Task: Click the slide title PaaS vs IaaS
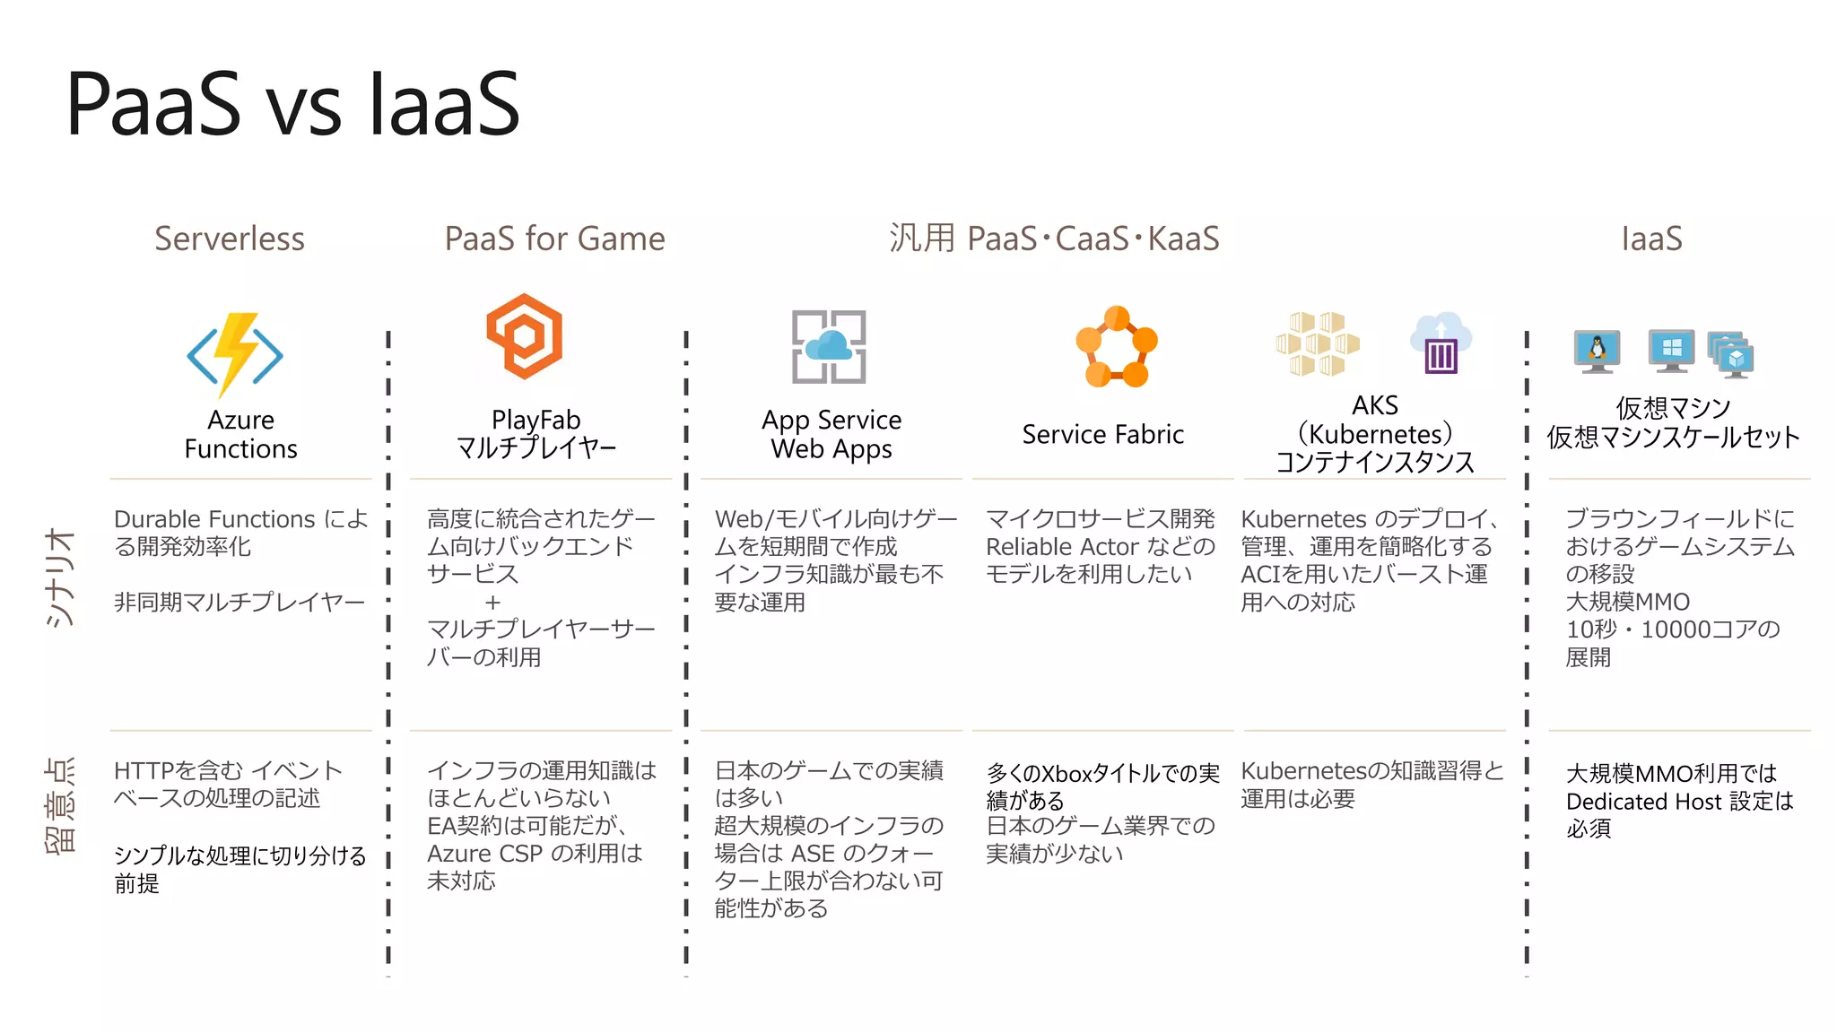pyautogui.click(x=292, y=105)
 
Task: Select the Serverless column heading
pyautogui.click(x=230, y=239)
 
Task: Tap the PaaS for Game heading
pyautogui.click(x=554, y=239)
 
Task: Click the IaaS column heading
pyautogui.click(x=1651, y=239)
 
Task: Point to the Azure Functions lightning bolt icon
pyautogui.click(x=235, y=354)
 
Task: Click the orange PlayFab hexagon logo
pyautogui.click(x=525, y=335)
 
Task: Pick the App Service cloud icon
pyautogui.click(x=829, y=347)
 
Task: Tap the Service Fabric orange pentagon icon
pyautogui.click(x=1116, y=347)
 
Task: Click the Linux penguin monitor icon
pyautogui.click(x=1597, y=351)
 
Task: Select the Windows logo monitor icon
pyautogui.click(x=1671, y=350)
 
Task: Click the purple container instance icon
pyautogui.click(x=1441, y=344)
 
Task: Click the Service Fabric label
pyautogui.click(x=1102, y=435)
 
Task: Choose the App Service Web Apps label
pyautogui.click(x=831, y=434)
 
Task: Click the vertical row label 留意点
pyautogui.click(x=61, y=805)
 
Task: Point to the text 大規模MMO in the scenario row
pyautogui.click(x=1627, y=602)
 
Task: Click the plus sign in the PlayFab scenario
pyautogui.click(x=492, y=602)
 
